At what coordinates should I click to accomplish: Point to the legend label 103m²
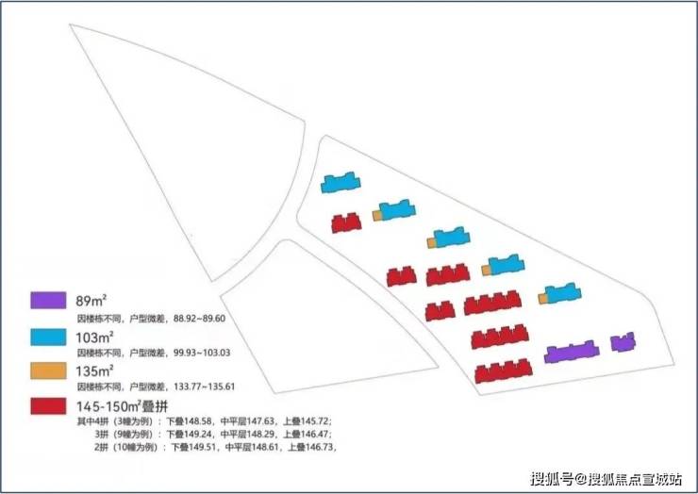pos(95,336)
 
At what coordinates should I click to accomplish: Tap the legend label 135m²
pos(95,370)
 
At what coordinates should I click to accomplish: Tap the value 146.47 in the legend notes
pos(313,435)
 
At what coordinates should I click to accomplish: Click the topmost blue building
pos(340,182)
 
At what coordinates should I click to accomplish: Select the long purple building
pos(572,354)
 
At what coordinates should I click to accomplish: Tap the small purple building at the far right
pos(622,342)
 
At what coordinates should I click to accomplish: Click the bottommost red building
pos(501,373)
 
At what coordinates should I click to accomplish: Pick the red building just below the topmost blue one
pos(346,222)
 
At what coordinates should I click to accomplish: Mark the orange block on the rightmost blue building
pos(543,299)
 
